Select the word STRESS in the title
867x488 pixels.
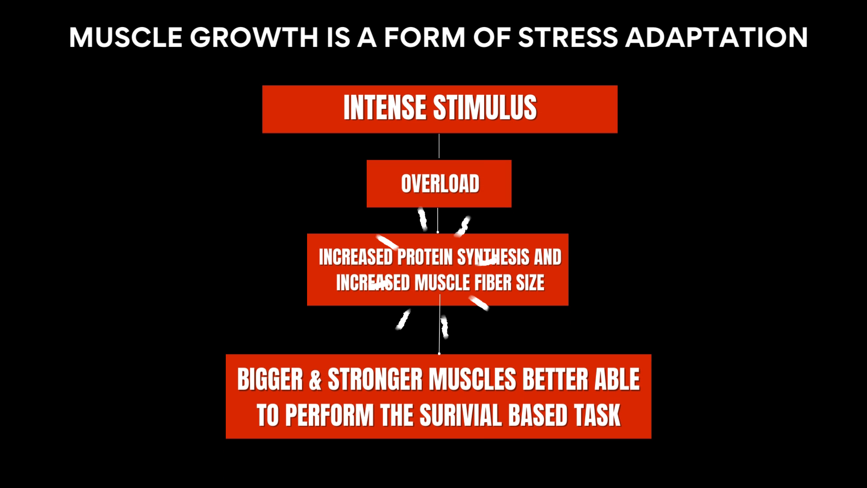pyautogui.click(x=568, y=38)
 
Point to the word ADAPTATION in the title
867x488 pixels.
pyautogui.click(x=717, y=38)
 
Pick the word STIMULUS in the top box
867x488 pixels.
pyautogui.click(x=485, y=108)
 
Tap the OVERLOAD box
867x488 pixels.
pyautogui.click(x=439, y=183)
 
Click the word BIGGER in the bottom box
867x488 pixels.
pyautogui.click(x=270, y=380)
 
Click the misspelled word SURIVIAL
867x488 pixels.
pyautogui.click(x=461, y=415)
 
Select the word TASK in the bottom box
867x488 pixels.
pyautogui.click(x=597, y=415)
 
